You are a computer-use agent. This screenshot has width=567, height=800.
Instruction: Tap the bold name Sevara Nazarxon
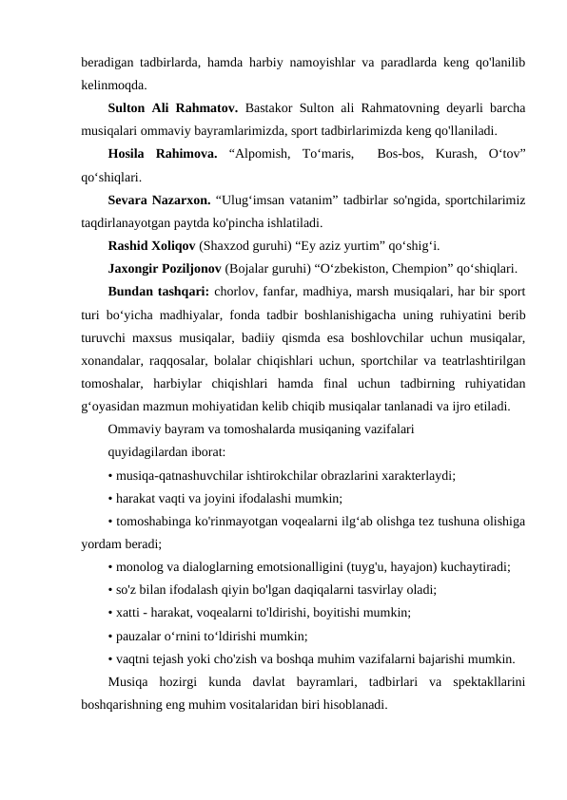tap(164, 200)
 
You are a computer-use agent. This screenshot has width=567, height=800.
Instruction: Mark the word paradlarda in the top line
tap(382, 62)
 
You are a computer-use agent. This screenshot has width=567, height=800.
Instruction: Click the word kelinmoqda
tap(114, 85)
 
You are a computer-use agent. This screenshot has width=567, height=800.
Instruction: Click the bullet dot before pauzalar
tap(111, 637)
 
